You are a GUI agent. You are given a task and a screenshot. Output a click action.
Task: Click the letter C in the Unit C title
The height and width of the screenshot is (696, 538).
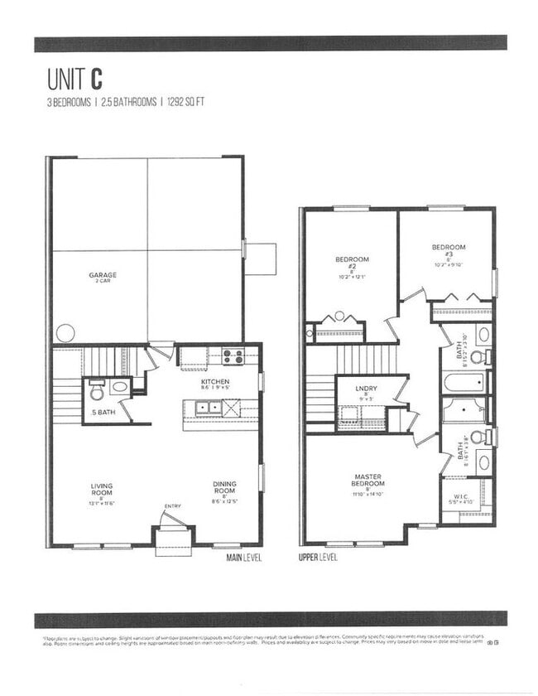(97, 79)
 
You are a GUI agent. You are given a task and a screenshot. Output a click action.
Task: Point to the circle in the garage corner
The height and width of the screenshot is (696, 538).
(65, 334)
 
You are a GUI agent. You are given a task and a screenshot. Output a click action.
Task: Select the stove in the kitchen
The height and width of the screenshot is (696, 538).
(233, 358)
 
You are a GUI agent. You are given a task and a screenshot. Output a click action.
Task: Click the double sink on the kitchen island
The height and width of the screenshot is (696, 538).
(206, 407)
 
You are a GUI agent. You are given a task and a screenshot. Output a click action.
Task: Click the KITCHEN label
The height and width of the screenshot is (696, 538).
(215, 383)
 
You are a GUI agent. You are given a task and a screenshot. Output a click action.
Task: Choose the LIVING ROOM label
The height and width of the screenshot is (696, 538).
(103, 490)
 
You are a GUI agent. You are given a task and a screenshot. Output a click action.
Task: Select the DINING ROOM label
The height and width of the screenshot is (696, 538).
(224, 490)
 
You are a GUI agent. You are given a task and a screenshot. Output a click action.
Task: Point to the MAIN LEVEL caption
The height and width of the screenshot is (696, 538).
(244, 558)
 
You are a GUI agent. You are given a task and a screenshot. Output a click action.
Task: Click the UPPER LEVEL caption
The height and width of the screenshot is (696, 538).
(318, 558)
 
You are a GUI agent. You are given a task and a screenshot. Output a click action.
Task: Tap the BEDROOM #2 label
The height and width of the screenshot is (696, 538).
(352, 261)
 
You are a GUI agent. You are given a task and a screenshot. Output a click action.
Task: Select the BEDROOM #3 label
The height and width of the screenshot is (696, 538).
(448, 251)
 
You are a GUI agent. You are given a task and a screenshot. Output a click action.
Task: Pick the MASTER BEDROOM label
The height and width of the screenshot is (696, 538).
(367, 480)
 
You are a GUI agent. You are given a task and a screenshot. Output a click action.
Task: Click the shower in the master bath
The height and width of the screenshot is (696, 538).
(464, 410)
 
